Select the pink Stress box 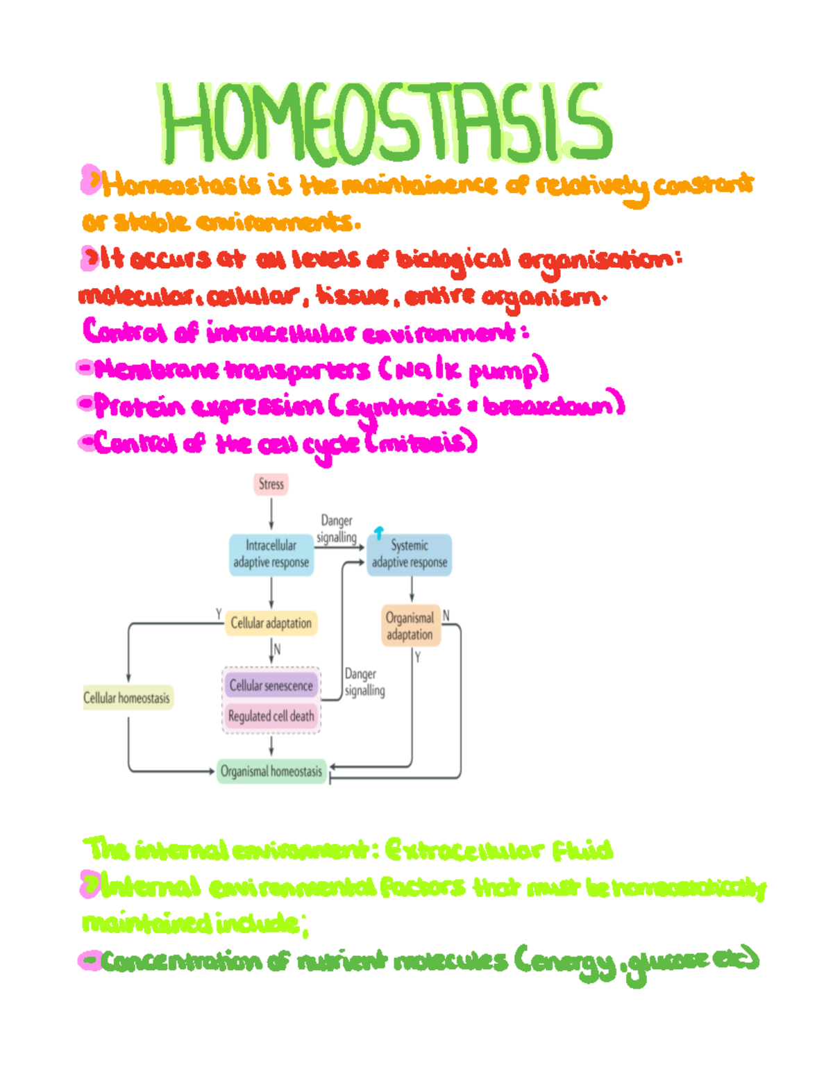[x=271, y=484]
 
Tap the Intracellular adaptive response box [x=271, y=554]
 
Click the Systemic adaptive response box [x=410, y=554]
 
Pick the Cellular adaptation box [x=271, y=623]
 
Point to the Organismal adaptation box [x=410, y=626]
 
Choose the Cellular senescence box [x=271, y=685]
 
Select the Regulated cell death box [x=271, y=716]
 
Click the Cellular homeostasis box [x=127, y=698]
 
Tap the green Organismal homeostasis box [x=271, y=771]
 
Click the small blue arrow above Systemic [x=379, y=533]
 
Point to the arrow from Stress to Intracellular [x=271, y=514]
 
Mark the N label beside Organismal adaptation [x=446, y=616]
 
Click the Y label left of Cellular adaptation [x=219, y=614]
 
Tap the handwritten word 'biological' [x=454, y=260]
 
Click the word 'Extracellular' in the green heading [x=464, y=850]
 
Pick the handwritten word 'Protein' [x=140, y=406]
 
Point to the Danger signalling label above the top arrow [x=337, y=528]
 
